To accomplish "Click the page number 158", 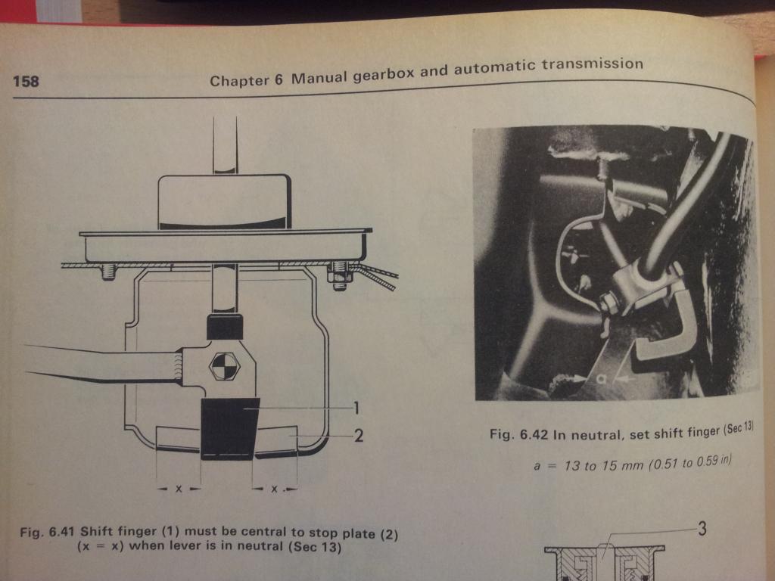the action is click(x=26, y=81).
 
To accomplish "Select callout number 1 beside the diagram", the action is click(x=356, y=408).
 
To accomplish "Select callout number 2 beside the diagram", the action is click(x=358, y=435).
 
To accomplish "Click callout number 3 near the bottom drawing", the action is click(x=702, y=529).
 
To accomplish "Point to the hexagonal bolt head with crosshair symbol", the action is click(x=224, y=367).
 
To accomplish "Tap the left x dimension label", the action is click(x=179, y=489).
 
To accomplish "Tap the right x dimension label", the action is click(x=274, y=489).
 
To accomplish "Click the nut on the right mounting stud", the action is click(x=339, y=277).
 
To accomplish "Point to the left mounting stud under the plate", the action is click(x=108, y=272).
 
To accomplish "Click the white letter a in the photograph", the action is click(x=600, y=378).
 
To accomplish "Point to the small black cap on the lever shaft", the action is click(x=225, y=327).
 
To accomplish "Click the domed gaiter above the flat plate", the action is click(x=224, y=202).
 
